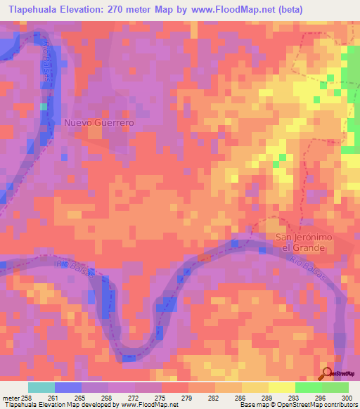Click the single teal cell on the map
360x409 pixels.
coord(44,106)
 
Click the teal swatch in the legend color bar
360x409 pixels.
coord(41,387)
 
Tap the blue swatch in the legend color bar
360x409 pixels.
coord(67,387)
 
